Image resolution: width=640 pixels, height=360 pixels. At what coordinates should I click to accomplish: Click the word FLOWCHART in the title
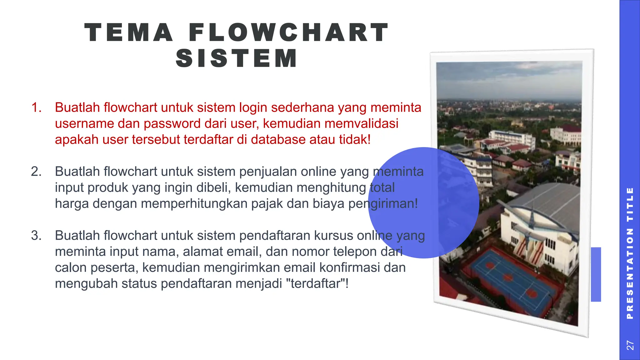click(x=289, y=32)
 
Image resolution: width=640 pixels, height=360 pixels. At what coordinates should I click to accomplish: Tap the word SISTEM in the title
click(x=237, y=58)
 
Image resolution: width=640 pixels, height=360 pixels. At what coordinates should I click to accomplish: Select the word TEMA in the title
click(x=129, y=32)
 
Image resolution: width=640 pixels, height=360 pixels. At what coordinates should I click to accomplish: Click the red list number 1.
click(x=36, y=107)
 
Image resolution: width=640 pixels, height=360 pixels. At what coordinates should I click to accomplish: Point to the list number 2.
click(x=36, y=172)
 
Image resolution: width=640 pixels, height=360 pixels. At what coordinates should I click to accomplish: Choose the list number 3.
click(x=36, y=235)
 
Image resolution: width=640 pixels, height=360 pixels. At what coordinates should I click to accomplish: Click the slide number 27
click(x=630, y=345)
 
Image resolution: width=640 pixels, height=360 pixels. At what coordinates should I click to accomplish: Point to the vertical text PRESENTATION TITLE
click(x=630, y=253)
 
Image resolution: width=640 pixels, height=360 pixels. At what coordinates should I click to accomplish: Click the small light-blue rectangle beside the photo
click(x=596, y=274)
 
